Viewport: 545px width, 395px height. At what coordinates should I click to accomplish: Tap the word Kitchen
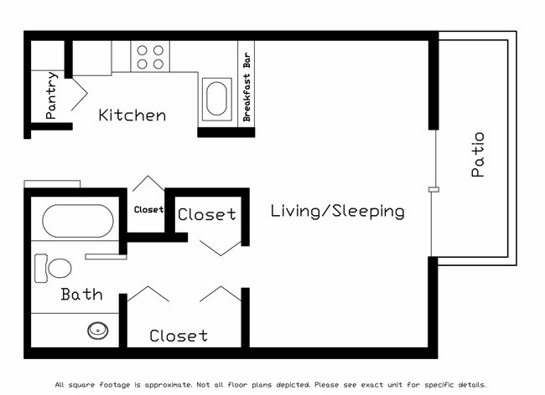tap(132, 115)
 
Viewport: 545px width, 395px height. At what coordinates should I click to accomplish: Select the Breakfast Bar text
tap(247, 84)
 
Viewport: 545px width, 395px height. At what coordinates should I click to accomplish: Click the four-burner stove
tap(151, 56)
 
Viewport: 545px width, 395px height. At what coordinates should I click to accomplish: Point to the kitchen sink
tap(216, 98)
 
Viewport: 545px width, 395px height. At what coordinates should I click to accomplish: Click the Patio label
tap(478, 154)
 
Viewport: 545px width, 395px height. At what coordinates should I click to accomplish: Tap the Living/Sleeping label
tap(337, 212)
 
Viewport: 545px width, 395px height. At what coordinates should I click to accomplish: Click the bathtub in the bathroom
tap(77, 222)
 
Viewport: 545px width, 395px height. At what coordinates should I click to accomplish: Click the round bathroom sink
tap(99, 331)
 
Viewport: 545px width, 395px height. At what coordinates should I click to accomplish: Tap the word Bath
tap(81, 295)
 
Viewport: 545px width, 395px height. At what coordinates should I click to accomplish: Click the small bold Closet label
tap(148, 210)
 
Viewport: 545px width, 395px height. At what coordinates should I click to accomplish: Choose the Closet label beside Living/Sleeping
tap(206, 215)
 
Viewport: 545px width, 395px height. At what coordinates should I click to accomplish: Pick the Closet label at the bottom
tap(178, 336)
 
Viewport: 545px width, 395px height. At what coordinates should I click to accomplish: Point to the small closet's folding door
tap(148, 184)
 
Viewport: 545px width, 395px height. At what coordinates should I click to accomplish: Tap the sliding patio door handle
tap(433, 190)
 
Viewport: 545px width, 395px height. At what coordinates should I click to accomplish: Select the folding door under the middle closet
tap(221, 248)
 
